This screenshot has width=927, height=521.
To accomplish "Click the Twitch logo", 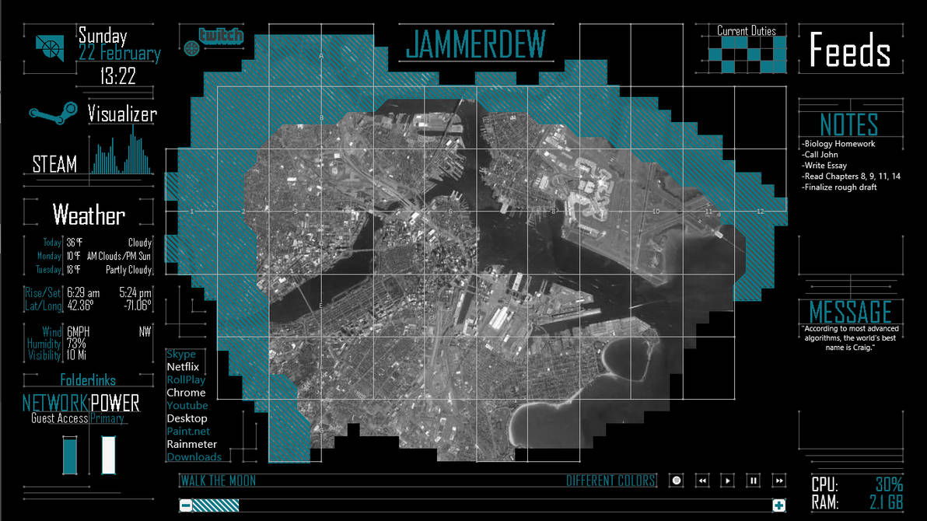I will point(221,36).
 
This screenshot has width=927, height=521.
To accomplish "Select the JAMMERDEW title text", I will point(476,44).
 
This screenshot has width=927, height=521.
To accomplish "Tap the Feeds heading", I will point(849,51).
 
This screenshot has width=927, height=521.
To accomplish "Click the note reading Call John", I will point(822,155).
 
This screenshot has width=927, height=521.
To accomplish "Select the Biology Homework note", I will point(839,144).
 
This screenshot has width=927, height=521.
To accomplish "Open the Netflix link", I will point(183,367).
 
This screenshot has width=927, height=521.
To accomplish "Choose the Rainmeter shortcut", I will point(192,444).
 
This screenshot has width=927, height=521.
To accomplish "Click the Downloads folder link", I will point(194,457).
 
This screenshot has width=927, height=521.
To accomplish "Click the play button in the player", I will point(727,481).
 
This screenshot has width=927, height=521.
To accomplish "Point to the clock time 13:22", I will point(118,76).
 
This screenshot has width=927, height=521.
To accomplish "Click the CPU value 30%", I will point(889,484).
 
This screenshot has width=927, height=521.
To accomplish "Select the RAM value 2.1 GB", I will point(885,502).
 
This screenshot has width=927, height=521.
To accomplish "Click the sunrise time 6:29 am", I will point(83,293).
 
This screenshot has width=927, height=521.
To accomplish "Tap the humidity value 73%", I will point(76,344).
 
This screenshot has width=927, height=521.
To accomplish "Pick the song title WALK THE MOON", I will point(218,481).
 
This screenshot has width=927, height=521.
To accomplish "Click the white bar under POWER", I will point(108,455).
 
